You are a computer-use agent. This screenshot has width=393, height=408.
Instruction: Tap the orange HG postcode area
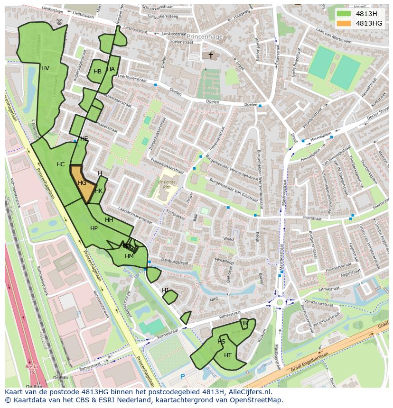tap(82, 182)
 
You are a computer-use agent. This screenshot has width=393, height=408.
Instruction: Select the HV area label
tap(45, 68)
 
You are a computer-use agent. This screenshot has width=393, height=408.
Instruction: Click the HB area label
tap(97, 72)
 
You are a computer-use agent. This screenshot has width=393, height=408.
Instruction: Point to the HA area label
tap(111, 69)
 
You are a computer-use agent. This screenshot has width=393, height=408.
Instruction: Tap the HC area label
tap(60, 164)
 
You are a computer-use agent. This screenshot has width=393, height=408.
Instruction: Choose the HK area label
tap(98, 191)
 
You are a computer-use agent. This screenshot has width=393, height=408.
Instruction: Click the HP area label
tap(94, 228)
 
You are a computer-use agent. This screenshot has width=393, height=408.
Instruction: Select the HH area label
tap(109, 220)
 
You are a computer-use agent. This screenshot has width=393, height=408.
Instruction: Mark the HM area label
tap(129, 256)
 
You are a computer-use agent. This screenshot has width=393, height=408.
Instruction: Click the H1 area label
tap(165, 290)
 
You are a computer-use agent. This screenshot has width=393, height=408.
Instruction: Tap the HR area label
tap(244, 323)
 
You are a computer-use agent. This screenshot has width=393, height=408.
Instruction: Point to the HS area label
tap(221, 342)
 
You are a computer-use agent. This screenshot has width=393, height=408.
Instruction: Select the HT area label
tap(228, 355)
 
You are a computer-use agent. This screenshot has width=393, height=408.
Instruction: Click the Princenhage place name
tap(204, 36)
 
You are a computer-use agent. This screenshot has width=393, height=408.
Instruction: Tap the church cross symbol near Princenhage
tap(211, 55)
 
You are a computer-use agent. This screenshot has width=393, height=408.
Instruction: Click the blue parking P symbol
tap(183, 377)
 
